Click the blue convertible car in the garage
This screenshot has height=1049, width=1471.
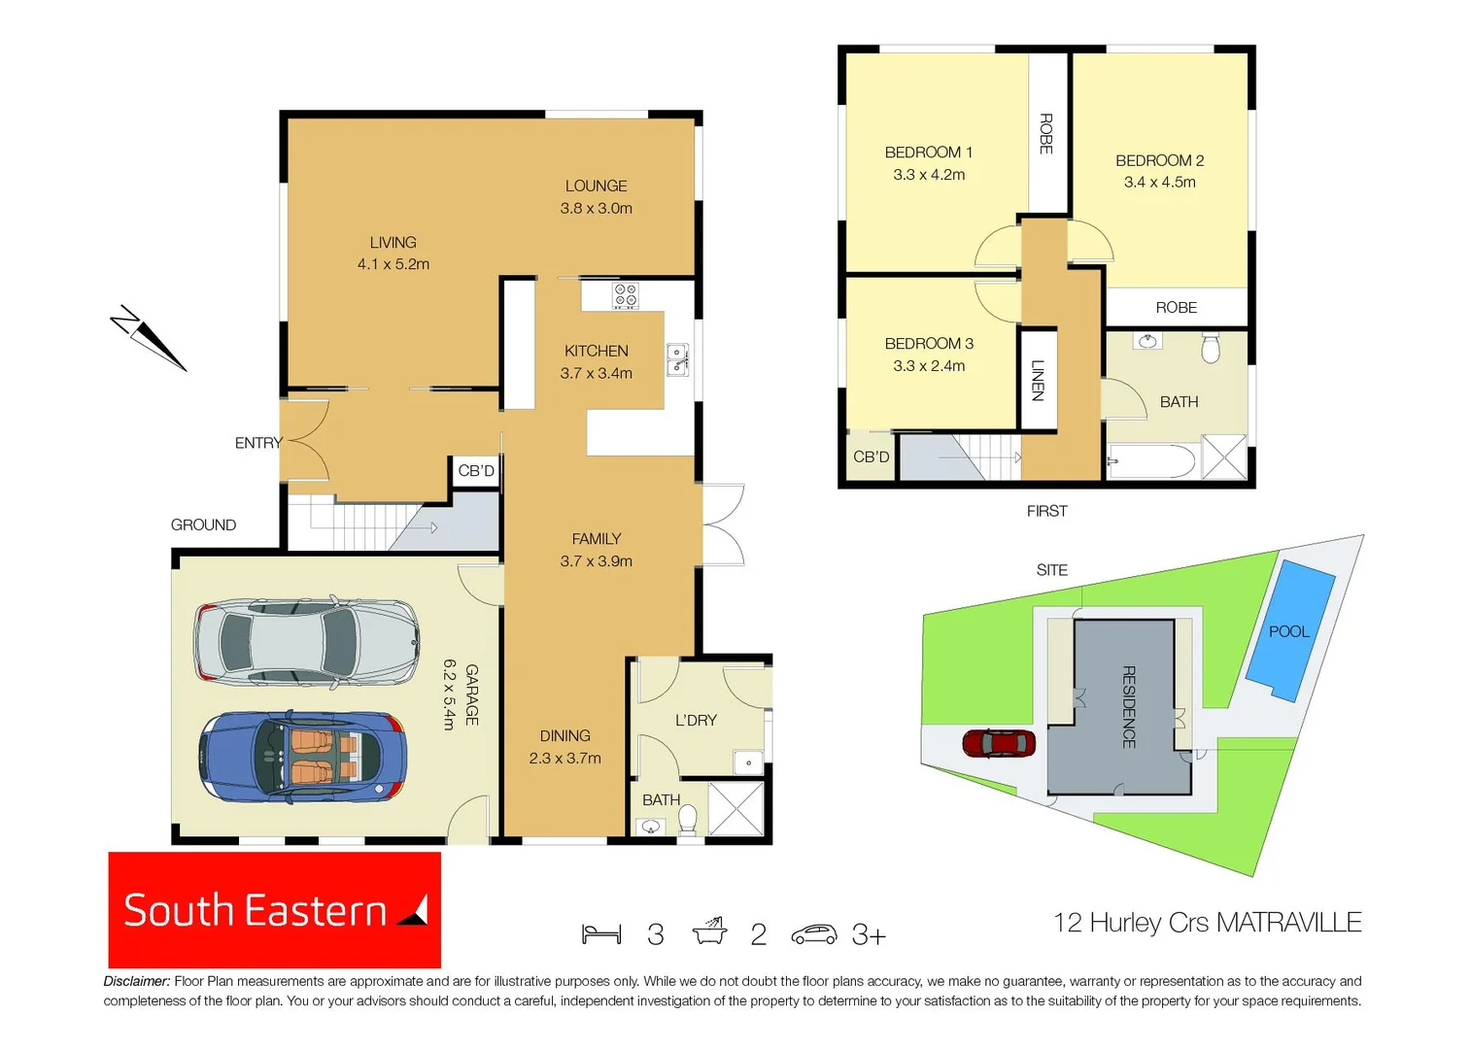[x=302, y=757]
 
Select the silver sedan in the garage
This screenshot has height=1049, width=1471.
[x=306, y=641]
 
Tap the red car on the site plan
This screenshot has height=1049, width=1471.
[x=999, y=744]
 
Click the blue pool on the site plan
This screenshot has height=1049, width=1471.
[x=1290, y=630]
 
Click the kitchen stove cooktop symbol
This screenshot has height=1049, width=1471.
[x=626, y=295]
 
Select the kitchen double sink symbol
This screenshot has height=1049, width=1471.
[x=677, y=359]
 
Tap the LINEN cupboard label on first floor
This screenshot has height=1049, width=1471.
[x=1037, y=380]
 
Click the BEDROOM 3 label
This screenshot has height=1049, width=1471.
[x=929, y=344]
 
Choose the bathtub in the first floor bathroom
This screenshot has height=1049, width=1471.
[x=1152, y=462]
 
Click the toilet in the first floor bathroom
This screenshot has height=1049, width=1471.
[x=1211, y=348]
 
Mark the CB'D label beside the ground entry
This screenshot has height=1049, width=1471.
[x=476, y=471]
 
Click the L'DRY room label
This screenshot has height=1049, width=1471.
[x=696, y=721]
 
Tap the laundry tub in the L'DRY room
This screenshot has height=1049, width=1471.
[x=748, y=762]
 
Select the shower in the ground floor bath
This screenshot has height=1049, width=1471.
[x=735, y=809]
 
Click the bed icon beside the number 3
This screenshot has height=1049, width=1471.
[x=601, y=934]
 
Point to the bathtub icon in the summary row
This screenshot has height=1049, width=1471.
[x=709, y=932]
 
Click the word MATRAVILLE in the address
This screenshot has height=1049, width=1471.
[x=1288, y=923]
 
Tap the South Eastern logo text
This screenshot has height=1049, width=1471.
[x=256, y=911]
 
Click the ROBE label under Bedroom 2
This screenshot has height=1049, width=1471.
[x=1176, y=308]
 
